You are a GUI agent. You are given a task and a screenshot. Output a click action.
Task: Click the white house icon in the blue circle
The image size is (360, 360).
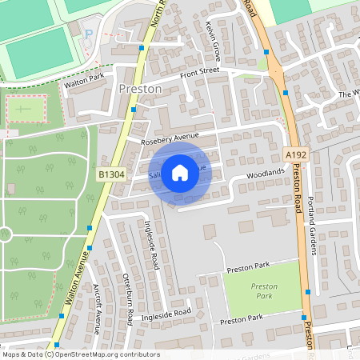tap(180, 172)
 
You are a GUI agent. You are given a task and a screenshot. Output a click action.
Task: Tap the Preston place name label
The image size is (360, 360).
tap(140, 89)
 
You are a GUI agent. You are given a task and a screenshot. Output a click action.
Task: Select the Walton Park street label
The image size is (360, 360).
tap(86, 79)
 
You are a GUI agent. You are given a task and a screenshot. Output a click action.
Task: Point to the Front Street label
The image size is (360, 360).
tap(199, 73)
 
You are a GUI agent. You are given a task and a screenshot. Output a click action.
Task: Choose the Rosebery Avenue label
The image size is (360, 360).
tap(169, 137)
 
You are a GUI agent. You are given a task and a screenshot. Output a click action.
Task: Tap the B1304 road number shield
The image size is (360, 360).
tap(111, 174)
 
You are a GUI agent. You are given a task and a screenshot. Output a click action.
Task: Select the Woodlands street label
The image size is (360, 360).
tap(265, 173)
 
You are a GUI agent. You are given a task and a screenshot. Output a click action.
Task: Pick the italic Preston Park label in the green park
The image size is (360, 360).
tap(264, 290)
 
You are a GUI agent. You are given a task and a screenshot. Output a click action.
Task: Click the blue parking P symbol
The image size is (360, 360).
tap(89, 33)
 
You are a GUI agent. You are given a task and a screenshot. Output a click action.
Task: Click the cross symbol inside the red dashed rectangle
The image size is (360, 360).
tap(25, 106)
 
